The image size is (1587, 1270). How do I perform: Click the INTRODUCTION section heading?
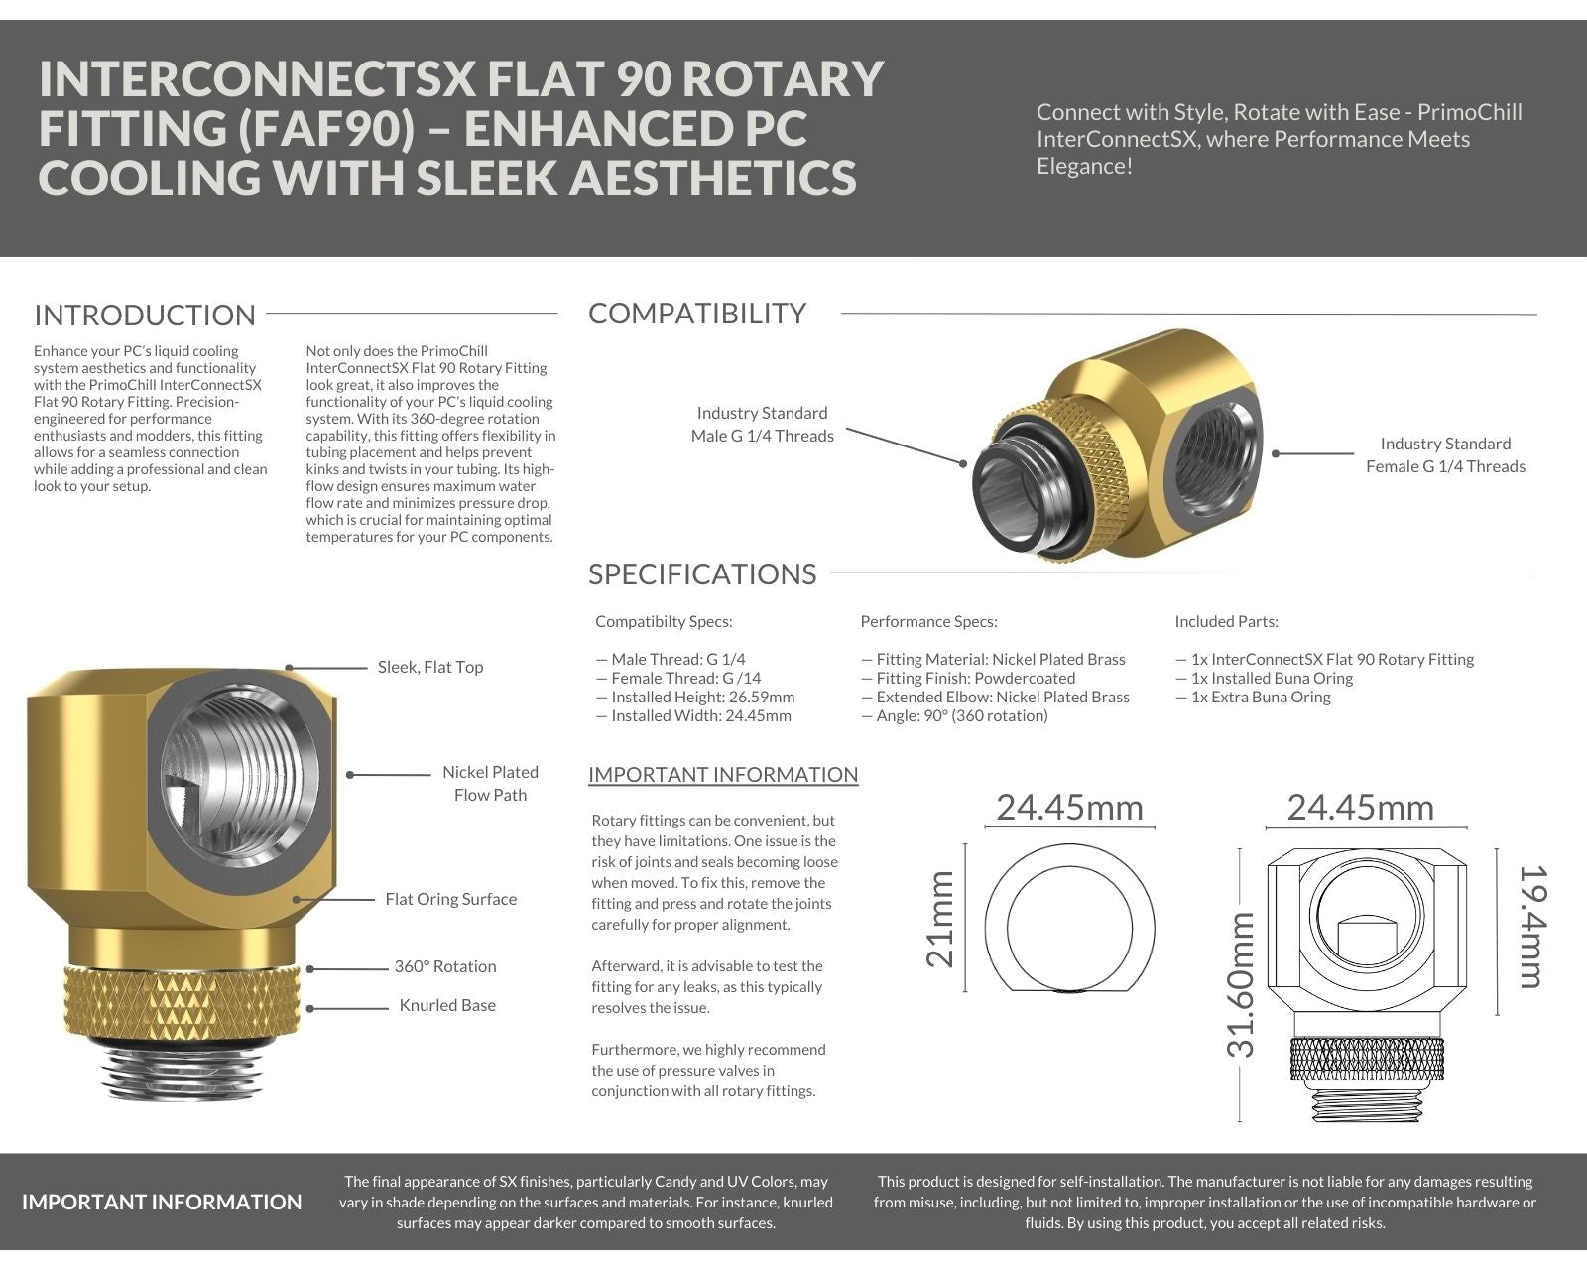pyautogui.click(x=145, y=316)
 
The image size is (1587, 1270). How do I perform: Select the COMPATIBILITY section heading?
pyautogui.click(x=697, y=314)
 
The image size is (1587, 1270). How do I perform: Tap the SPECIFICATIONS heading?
pyautogui.click(x=702, y=574)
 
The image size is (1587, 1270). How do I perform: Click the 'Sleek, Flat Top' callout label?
pyautogui.click(x=430, y=668)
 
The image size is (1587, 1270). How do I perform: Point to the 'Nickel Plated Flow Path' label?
pyautogui.click(x=490, y=784)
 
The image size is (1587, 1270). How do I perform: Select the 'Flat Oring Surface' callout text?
pyautogui.click(x=451, y=900)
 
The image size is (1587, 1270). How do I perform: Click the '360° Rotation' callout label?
pyautogui.click(x=445, y=967)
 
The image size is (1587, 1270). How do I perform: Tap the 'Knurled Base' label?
pyautogui.click(x=447, y=1006)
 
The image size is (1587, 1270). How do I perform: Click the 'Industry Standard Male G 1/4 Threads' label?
pyautogui.click(x=762, y=425)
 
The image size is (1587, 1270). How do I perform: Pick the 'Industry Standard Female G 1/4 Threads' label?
pyautogui.click(x=1445, y=455)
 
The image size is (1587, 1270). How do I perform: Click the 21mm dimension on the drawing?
pyautogui.click(x=939, y=919)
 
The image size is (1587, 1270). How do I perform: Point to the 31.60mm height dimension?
pyautogui.click(x=1241, y=984)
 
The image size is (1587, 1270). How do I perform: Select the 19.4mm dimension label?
pyautogui.click(x=1532, y=927)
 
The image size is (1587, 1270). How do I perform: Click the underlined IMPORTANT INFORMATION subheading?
pyautogui.click(x=723, y=775)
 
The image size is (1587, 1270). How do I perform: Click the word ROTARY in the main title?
pyautogui.click(x=776, y=79)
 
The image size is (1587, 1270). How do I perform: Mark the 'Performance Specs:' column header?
pyautogui.click(x=928, y=622)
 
